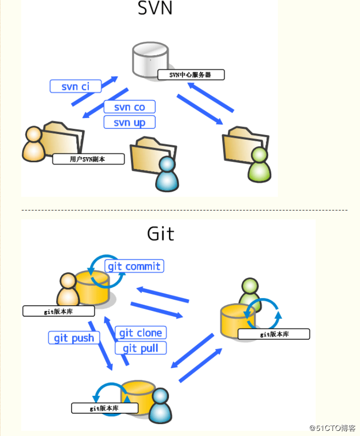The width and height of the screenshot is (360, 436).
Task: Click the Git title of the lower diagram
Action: pos(160,234)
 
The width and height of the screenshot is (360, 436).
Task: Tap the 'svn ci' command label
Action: pos(75,86)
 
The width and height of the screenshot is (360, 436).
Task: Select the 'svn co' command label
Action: pos(129,107)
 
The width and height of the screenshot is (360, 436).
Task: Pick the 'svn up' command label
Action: pos(129,123)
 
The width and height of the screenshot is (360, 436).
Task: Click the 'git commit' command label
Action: pos(134,266)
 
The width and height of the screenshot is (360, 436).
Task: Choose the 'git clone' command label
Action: pos(141,333)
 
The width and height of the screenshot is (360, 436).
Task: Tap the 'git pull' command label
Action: pos(141,348)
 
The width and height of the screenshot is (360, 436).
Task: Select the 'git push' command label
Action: pos(74,338)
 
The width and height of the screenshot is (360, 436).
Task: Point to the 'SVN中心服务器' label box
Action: pos(190,75)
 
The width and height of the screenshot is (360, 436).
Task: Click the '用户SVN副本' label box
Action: pos(88,159)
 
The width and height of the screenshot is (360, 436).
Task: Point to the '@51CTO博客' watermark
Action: pos(333,428)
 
